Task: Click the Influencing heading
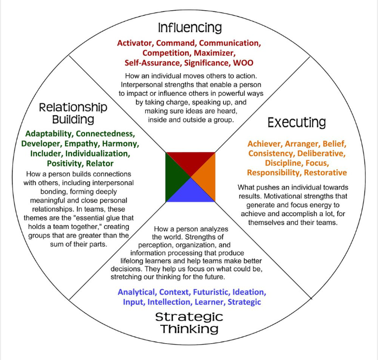tap(190, 27)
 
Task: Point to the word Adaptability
tap(47, 134)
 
